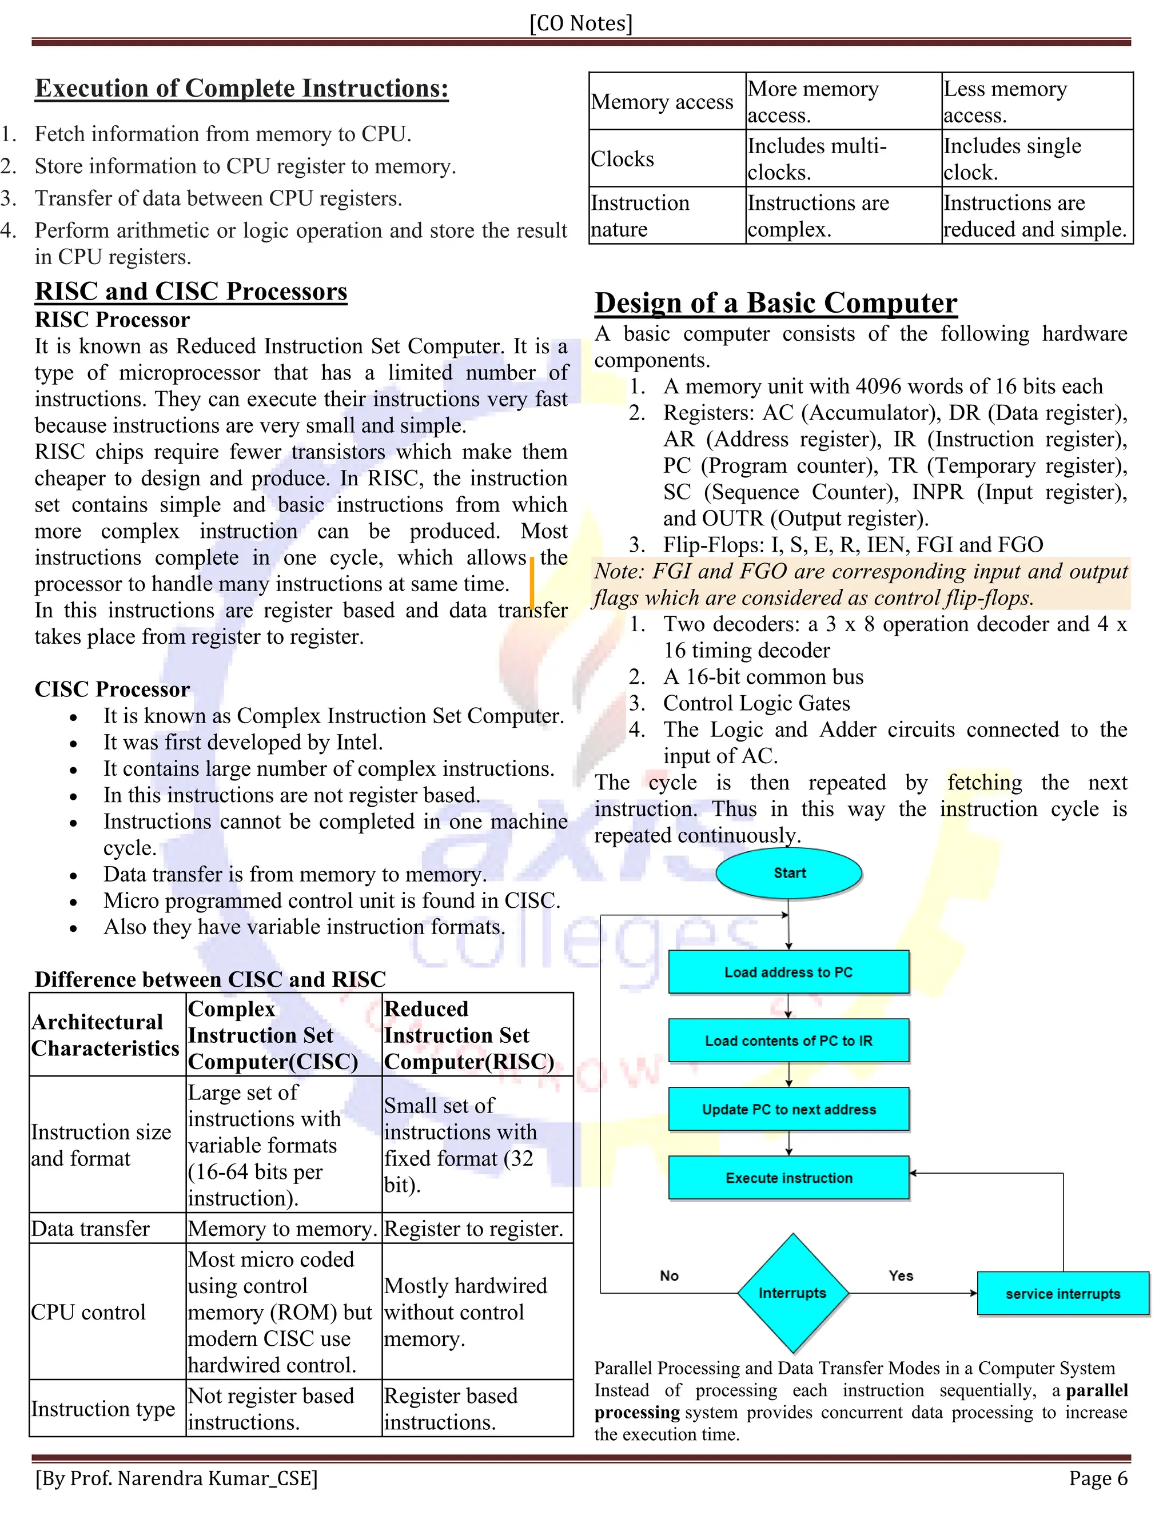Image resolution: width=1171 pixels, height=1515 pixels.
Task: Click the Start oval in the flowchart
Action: [788, 874]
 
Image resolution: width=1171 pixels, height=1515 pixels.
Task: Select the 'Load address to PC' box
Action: [788, 972]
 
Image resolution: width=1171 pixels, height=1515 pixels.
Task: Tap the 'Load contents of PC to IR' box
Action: [788, 1040]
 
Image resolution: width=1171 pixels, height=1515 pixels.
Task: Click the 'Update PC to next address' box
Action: [788, 1109]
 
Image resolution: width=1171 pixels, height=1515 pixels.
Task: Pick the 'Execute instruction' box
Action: [788, 1178]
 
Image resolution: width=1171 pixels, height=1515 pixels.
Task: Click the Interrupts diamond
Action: [792, 1293]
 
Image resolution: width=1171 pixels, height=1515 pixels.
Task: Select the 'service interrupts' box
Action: [1063, 1294]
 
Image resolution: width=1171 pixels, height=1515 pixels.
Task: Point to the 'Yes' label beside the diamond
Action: [901, 1275]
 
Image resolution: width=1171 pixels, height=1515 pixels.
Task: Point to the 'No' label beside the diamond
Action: [670, 1275]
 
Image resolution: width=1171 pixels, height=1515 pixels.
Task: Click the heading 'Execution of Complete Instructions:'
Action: [241, 88]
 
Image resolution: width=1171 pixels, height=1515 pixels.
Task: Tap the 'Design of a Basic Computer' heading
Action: [775, 303]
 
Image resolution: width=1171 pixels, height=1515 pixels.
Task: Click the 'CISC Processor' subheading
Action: [113, 689]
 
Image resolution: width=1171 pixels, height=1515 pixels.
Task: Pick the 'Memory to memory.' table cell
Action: [283, 1229]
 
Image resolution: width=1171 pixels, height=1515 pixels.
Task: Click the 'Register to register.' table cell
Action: [474, 1229]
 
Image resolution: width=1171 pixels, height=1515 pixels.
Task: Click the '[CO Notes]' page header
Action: [581, 23]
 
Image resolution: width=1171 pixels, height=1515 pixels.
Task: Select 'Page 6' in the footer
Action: [1098, 1478]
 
